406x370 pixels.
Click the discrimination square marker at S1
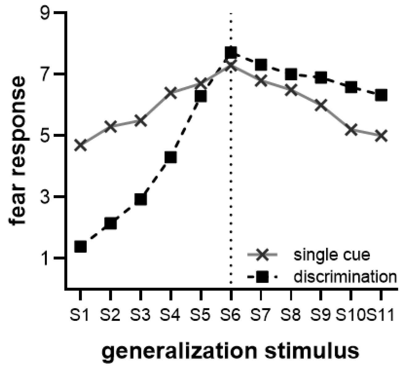tap(80, 246)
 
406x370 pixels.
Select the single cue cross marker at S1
tap(80, 145)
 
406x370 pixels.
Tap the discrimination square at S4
tap(171, 158)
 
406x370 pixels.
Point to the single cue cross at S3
tap(140, 120)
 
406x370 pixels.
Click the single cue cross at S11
tap(381, 136)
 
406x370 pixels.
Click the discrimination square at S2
tap(110, 223)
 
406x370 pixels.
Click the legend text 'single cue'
tap(332, 255)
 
